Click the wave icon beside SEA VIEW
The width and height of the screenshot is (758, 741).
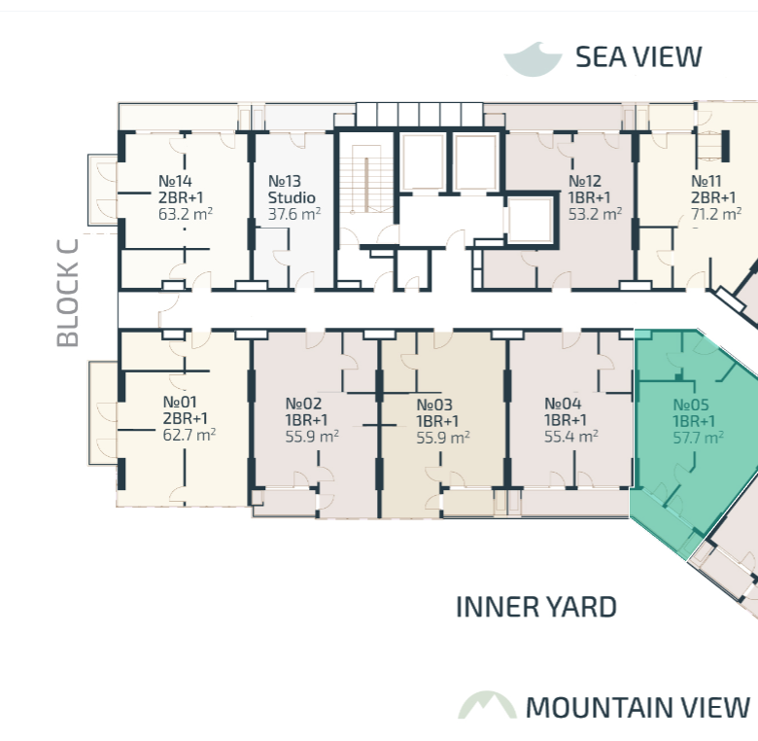click(x=533, y=60)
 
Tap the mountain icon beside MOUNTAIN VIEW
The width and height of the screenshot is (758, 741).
click(x=487, y=705)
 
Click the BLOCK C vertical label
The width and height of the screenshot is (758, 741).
click(x=68, y=293)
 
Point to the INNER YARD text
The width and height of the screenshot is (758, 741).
click(x=536, y=607)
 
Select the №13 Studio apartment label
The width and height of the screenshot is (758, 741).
click(x=292, y=189)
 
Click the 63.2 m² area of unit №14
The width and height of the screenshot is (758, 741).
click(x=186, y=214)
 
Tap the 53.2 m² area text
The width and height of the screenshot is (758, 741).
click(x=595, y=214)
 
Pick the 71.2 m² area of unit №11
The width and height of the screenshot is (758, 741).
click(x=716, y=214)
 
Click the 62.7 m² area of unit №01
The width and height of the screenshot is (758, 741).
click(x=189, y=435)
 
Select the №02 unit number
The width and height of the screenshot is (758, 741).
click(x=303, y=404)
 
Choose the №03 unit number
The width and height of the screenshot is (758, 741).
click(x=434, y=405)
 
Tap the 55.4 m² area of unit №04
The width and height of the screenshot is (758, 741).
click(x=570, y=437)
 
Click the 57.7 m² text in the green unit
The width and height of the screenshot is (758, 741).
click(x=698, y=438)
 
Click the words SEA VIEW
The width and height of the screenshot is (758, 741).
click(x=638, y=57)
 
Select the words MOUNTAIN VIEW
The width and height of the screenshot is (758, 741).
click(x=637, y=708)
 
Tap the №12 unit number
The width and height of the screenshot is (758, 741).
click(x=585, y=181)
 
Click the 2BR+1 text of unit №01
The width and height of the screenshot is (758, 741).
click(x=186, y=418)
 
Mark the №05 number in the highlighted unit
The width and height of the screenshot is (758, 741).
click(x=691, y=405)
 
